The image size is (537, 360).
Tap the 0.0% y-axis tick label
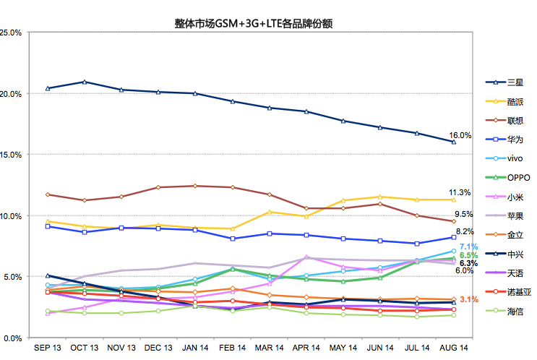click(14, 338)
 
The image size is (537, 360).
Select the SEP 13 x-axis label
click(48, 348)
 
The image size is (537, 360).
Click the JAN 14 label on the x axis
click(195, 348)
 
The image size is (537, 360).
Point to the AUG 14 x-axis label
click(454, 348)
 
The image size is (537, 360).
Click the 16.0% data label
click(460, 135)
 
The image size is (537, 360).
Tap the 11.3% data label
click(460, 192)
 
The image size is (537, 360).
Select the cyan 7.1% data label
click(468, 247)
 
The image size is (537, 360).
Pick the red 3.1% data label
click(468, 299)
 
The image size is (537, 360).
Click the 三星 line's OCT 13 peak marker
click(85, 82)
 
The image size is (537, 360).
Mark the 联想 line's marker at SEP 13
click(48, 194)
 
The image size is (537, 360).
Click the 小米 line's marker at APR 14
click(306, 257)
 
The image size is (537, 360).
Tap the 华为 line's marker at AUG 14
click(453, 237)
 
